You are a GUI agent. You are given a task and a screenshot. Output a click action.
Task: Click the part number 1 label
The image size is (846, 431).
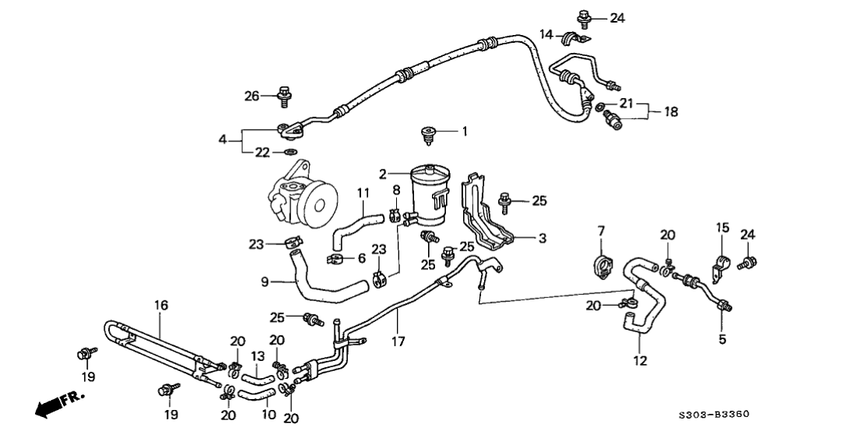pyautogui.click(x=465, y=132)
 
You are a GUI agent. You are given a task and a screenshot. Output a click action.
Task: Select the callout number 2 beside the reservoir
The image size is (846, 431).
pyautogui.click(x=382, y=173)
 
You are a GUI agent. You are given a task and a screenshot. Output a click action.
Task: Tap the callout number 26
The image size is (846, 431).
pyautogui.click(x=251, y=96)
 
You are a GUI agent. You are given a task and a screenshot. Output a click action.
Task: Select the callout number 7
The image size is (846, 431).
pyautogui.click(x=601, y=230)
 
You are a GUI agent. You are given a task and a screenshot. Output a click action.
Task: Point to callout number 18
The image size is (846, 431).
pyautogui.click(x=669, y=112)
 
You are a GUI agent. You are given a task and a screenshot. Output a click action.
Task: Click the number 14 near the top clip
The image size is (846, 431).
pyautogui.click(x=546, y=34)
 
